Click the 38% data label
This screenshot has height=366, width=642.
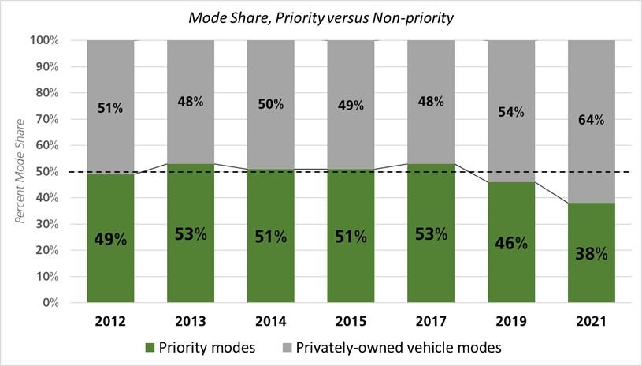(x=591, y=253)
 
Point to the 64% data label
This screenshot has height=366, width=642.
(x=591, y=120)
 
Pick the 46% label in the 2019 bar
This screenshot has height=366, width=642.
(x=510, y=243)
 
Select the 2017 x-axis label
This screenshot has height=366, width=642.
(x=431, y=321)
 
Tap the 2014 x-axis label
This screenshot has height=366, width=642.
(x=270, y=321)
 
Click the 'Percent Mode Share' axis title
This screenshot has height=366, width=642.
(x=22, y=171)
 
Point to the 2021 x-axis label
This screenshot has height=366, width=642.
(x=591, y=321)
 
